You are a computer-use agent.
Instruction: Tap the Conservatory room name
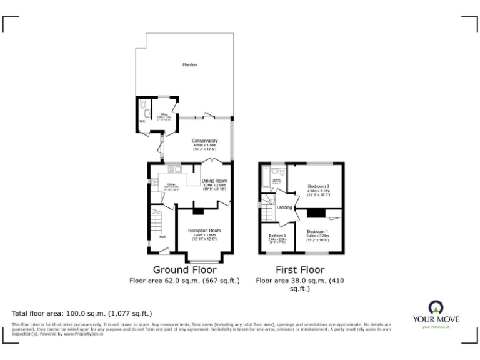point(205,141)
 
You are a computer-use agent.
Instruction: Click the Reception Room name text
point(205,231)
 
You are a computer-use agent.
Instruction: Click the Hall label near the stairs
point(162,236)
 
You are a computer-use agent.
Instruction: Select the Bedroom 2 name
point(319,187)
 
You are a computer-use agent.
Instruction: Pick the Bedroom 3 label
point(277,236)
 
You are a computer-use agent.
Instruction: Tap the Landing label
point(284,207)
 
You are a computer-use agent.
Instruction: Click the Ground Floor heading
point(185,270)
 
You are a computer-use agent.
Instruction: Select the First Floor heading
point(300,270)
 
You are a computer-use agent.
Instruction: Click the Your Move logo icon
point(435,307)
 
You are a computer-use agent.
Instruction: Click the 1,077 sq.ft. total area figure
point(131,313)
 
